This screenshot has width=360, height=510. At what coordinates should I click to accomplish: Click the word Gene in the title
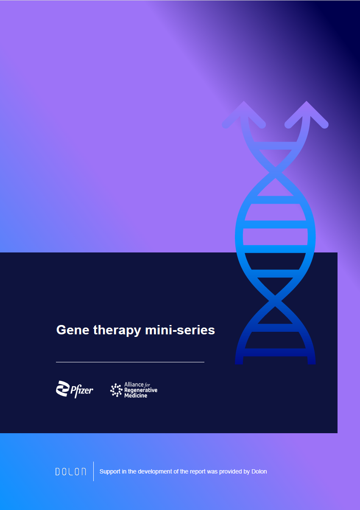73,330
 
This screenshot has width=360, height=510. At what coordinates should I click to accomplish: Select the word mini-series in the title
180,330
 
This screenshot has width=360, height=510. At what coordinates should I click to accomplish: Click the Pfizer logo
75,390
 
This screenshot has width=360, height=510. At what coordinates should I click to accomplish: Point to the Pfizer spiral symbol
63,388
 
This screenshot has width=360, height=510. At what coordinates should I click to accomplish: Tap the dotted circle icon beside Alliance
116,390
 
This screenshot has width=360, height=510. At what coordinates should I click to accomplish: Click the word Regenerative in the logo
141,390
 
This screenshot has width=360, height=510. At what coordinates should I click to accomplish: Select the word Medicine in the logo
136,395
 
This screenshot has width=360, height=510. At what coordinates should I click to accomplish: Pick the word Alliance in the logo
134,384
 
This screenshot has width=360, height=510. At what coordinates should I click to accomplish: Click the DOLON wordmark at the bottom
71,471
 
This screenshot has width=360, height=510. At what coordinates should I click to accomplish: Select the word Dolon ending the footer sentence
259,471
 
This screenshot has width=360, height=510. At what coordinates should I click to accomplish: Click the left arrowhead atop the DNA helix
244,115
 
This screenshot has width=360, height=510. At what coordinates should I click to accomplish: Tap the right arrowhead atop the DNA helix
306,115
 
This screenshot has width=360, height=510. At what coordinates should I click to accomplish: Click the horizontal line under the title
130,362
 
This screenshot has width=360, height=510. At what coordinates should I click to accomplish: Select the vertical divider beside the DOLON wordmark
94,471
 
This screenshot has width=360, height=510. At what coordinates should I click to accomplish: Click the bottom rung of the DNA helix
275,352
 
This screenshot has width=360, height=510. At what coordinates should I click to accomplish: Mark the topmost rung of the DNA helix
275,146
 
